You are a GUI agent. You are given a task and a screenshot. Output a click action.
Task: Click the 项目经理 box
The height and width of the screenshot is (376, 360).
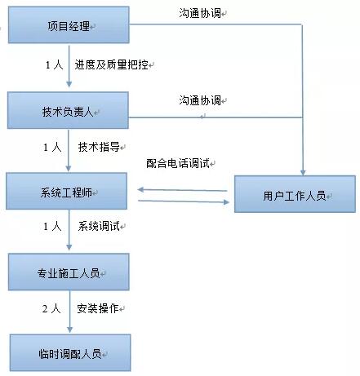(x=69, y=25)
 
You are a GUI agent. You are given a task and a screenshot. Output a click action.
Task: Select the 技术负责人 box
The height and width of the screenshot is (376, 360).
(x=68, y=110)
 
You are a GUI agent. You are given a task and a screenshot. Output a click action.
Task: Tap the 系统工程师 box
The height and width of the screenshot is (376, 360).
(x=67, y=191)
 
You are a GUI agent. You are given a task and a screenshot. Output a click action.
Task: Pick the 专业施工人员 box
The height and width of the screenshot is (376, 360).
(x=69, y=272)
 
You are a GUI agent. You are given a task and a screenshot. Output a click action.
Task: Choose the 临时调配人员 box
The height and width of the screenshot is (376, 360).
(x=70, y=353)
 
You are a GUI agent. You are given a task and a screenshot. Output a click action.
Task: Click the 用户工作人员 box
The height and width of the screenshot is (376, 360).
(x=295, y=194)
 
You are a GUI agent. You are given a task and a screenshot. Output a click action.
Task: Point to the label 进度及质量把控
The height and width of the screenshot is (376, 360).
(x=112, y=64)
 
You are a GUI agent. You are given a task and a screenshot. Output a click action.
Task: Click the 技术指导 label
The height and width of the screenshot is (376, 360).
(x=99, y=147)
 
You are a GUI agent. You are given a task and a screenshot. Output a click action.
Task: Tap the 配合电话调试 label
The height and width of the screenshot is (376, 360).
(x=178, y=163)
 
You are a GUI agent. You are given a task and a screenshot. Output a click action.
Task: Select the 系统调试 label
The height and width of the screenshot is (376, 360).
(x=99, y=226)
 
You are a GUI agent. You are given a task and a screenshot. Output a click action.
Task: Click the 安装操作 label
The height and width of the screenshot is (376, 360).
(x=98, y=308)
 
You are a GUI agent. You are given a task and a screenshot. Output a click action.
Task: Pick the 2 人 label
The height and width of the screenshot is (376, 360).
(x=51, y=308)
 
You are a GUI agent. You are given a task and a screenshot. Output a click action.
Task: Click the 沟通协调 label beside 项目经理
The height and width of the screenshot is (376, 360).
(x=200, y=13)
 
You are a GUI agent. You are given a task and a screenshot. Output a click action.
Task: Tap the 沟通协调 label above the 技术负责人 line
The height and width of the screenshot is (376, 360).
(x=200, y=100)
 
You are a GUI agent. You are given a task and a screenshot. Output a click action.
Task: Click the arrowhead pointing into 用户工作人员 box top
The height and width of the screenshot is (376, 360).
(x=303, y=173)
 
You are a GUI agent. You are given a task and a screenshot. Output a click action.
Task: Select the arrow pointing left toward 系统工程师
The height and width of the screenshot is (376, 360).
(x=182, y=190)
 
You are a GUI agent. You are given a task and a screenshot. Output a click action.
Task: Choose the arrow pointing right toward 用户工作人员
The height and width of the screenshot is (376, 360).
(x=184, y=201)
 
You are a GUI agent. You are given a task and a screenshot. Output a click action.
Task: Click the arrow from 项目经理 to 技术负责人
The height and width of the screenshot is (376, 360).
(x=69, y=66)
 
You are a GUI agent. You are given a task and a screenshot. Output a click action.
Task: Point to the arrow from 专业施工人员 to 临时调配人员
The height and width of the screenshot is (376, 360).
(x=69, y=312)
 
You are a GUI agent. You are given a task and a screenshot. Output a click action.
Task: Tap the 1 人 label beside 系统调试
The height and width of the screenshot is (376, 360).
(x=52, y=226)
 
